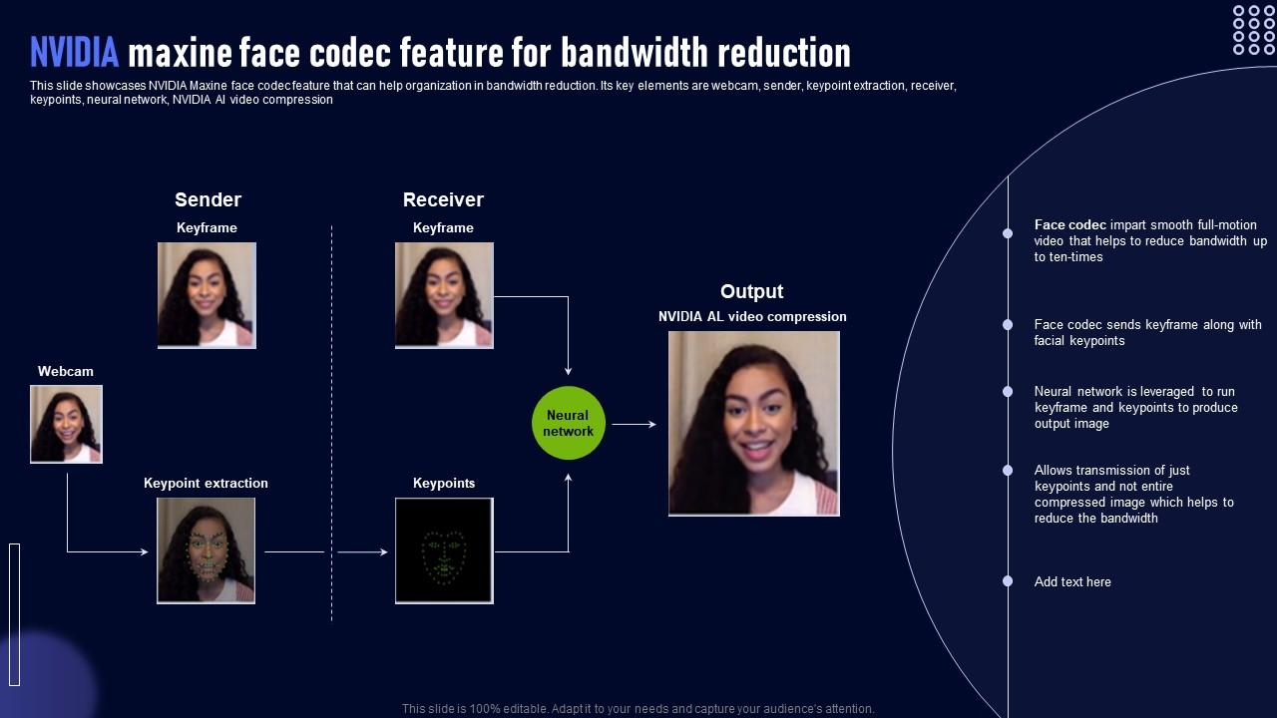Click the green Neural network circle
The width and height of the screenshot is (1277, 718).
click(x=569, y=424)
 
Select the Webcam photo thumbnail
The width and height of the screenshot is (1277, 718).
click(x=66, y=424)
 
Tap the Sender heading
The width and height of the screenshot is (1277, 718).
click(x=208, y=199)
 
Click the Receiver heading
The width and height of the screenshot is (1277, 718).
click(x=443, y=199)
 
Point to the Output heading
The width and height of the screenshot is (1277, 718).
click(x=751, y=291)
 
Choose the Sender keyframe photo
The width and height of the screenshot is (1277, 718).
click(x=207, y=295)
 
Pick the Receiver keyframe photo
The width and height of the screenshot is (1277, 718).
click(x=444, y=295)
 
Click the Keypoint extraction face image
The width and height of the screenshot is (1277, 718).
click(x=206, y=550)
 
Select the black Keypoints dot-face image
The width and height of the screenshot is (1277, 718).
click(x=444, y=550)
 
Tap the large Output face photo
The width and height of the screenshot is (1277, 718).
click(x=753, y=424)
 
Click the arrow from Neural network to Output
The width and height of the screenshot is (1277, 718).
click(x=635, y=424)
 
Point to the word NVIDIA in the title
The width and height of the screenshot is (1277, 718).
click(x=75, y=51)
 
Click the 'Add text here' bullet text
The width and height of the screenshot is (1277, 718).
click(x=1072, y=581)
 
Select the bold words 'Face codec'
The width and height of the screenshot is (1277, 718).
click(x=1069, y=225)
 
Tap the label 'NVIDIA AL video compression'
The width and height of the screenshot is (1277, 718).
click(x=752, y=316)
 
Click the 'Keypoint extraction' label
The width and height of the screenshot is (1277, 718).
click(x=206, y=483)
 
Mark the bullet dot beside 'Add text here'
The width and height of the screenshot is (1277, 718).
click(x=1008, y=581)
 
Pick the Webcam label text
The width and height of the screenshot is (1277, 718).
click(x=66, y=371)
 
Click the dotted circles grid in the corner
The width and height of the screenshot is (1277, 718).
click(x=1253, y=30)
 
